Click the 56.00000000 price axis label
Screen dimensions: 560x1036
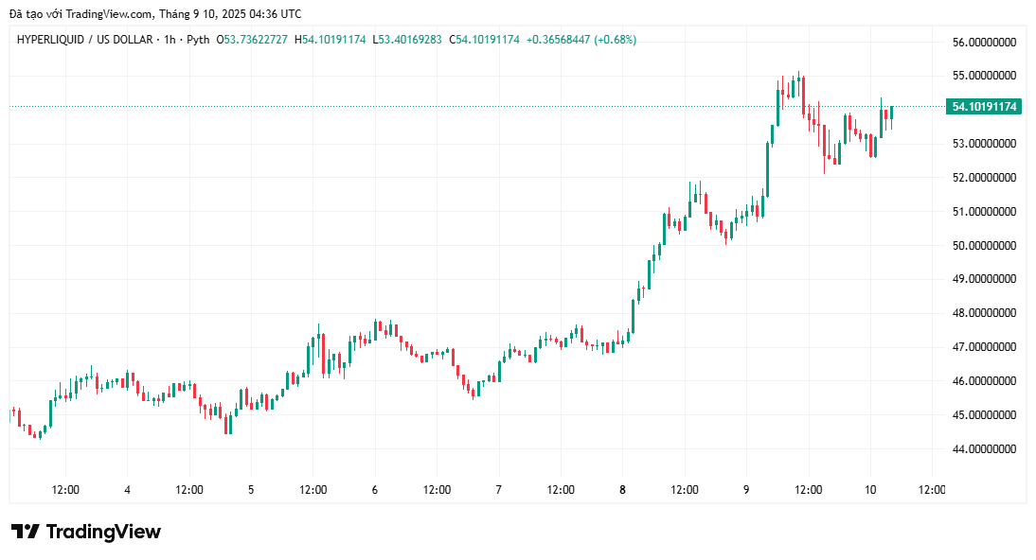click(x=984, y=42)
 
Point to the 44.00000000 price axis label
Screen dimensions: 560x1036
click(x=984, y=449)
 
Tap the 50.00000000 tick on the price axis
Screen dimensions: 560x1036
click(x=984, y=245)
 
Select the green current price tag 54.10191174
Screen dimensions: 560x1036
click(x=983, y=107)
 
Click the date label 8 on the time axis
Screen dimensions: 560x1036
click(x=622, y=490)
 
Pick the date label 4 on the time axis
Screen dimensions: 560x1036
click(x=127, y=490)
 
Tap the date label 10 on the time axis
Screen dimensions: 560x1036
click(x=870, y=490)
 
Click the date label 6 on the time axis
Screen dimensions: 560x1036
click(x=375, y=490)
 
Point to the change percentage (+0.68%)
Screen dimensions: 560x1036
click(x=615, y=40)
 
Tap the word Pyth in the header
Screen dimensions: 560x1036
click(x=196, y=40)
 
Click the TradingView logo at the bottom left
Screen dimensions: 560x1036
click(x=86, y=532)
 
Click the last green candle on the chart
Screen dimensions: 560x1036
click(x=891, y=113)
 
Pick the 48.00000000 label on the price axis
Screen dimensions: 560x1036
click(x=984, y=313)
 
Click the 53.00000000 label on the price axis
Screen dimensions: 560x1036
click(x=984, y=144)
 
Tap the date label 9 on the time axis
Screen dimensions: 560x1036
click(x=746, y=490)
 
